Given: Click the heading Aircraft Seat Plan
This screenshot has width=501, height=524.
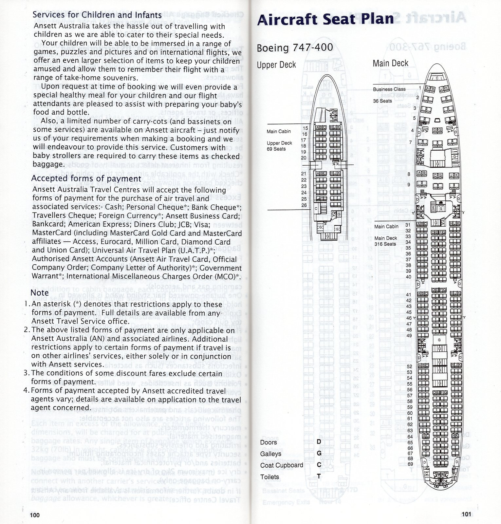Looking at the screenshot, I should [x=325, y=19].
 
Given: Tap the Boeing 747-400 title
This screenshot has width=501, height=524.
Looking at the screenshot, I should [x=294, y=47].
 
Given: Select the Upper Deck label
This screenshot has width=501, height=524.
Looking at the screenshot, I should [x=276, y=65].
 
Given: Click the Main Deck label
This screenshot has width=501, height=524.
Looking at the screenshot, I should [x=390, y=63].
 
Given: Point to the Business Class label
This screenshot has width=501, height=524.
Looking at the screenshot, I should [x=389, y=89].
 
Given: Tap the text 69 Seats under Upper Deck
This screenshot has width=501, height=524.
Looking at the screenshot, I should [x=276, y=149].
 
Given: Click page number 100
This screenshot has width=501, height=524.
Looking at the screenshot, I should [x=35, y=515].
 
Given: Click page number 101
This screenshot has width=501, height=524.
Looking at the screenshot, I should [x=466, y=514].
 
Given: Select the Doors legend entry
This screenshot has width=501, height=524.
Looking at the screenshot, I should [x=269, y=442].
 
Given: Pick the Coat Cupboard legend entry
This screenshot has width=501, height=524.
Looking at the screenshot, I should [x=282, y=465].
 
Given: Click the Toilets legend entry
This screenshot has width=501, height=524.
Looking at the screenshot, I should [x=269, y=477].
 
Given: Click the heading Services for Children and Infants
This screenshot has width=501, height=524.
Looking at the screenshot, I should [x=97, y=15].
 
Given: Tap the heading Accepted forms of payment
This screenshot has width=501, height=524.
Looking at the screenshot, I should [x=86, y=179].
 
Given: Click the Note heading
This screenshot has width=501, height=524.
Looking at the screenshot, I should [x=40, y=292].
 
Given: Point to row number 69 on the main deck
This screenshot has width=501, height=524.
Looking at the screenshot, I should [x=410, y=464].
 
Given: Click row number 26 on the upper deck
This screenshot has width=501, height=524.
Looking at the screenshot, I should [x=304, y=205].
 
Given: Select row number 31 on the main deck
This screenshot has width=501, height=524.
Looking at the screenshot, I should [x=408, y=225].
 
